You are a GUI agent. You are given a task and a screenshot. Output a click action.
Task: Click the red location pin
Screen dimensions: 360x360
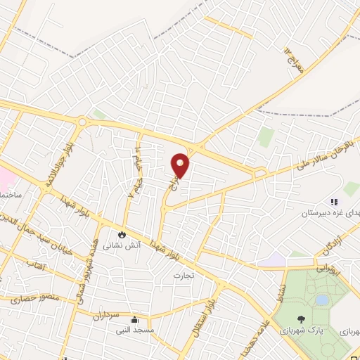click(x=181, y=165)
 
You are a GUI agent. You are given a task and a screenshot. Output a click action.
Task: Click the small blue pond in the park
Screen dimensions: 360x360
click(x=322, y=300)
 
